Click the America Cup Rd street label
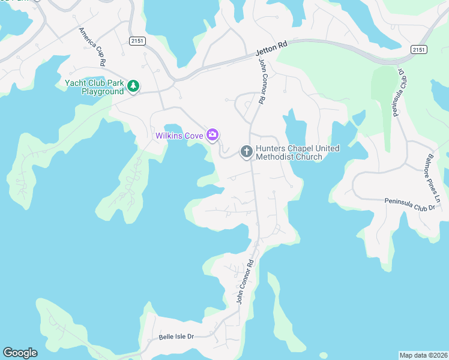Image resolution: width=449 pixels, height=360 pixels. coord(92,46)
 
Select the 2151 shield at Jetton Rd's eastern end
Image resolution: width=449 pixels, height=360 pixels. coord(418,49)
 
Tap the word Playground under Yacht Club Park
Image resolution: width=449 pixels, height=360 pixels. coord(102,92)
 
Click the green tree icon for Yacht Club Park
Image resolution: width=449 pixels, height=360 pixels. coord(133,88)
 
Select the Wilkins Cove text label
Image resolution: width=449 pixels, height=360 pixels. coord(179,136)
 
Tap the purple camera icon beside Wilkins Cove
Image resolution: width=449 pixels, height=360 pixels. coord(212,135)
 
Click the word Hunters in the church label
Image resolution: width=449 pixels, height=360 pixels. coord(273,148)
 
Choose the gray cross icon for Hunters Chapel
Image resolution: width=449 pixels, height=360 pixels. coord(246,152)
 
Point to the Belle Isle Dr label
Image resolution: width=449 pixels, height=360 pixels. coord(176,337)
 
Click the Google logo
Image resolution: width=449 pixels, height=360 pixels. coord(20,353)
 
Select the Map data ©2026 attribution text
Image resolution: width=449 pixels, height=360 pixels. coord(423,355)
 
